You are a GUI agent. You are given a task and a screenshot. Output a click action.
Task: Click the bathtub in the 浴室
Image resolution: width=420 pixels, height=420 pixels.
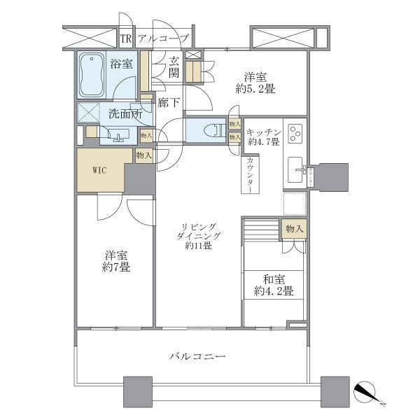90,76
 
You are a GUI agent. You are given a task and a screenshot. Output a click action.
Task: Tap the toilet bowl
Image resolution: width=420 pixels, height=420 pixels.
212,129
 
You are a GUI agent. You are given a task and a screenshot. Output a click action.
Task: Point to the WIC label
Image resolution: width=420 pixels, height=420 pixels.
100,170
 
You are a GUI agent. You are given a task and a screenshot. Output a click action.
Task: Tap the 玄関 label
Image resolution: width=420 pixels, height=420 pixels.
174,68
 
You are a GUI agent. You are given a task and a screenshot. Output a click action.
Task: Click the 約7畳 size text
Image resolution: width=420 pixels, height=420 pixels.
115,267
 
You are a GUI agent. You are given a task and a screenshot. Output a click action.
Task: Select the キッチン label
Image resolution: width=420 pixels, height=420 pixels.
264,131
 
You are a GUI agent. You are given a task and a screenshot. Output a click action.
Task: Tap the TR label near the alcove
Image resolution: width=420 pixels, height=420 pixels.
126,38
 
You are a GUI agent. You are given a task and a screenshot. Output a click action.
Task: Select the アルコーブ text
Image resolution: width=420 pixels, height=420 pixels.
163,38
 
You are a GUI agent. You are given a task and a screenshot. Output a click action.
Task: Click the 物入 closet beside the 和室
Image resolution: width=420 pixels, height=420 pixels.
294,228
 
